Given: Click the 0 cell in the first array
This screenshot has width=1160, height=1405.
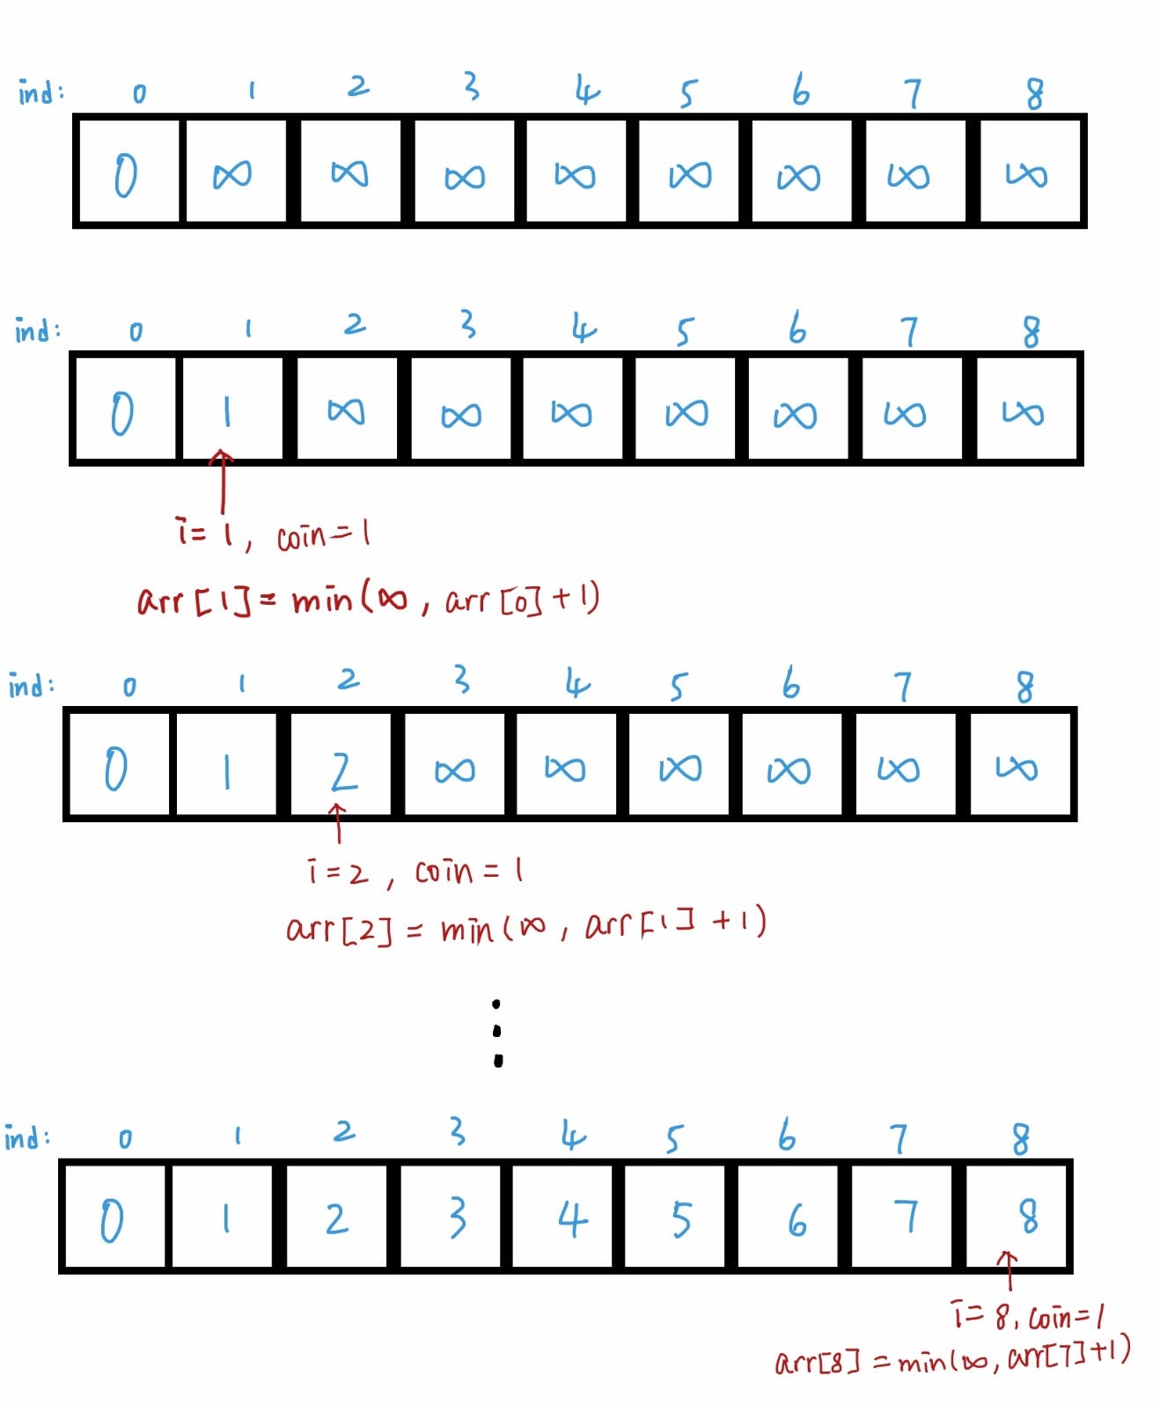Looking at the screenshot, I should coord(126,173).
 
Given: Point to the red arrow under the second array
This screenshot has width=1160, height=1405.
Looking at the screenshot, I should coord(223,481).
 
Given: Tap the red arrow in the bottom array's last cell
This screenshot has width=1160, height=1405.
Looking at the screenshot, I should coord(1008,1269).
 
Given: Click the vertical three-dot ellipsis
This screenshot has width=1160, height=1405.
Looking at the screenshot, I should coord(497,1033).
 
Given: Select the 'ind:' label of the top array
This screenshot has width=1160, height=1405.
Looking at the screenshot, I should coord(40,92).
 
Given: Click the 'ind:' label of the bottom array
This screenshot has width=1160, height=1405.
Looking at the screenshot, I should coord(27,1137).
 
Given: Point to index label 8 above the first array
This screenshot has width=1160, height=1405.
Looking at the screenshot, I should coord(1034,93).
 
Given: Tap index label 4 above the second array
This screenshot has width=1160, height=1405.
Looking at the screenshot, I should coord(583,329).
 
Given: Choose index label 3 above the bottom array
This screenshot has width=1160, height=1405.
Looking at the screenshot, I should coord(456,1132).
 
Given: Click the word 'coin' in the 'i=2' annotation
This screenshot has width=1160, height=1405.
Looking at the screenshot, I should coord(444,872).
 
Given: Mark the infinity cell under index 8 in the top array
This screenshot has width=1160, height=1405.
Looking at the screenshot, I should coord(1026,174).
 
